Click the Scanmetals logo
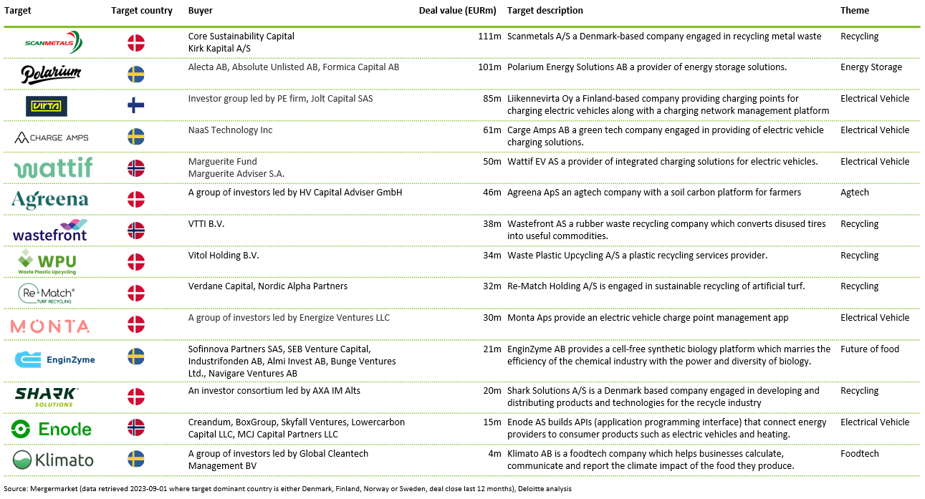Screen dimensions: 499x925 coord(53,42)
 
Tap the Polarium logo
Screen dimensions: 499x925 coord(51,74)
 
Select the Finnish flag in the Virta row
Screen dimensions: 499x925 coord(135,105)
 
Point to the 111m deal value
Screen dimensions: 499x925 coord(489,37)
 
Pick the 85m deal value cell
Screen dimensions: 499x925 coord(492,99)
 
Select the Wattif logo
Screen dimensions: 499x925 coord(53,168)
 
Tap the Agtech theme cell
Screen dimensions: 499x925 coord(855,193)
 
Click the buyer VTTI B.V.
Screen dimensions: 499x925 coord(206,224)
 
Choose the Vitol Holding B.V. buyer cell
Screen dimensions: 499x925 coord(224,256)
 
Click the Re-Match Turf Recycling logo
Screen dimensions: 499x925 coord(47,294)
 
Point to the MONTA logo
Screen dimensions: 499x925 coord(50,326)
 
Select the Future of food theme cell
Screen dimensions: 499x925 coord(870,349)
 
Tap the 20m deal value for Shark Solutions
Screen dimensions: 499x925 coord(492,391)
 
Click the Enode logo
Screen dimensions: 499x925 coord(51,430)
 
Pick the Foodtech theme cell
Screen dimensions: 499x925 coord(860,454)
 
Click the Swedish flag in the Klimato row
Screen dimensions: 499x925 coord(135,459)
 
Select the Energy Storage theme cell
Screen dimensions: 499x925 coord(871,67)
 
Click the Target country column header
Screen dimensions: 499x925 coord(142,11)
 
